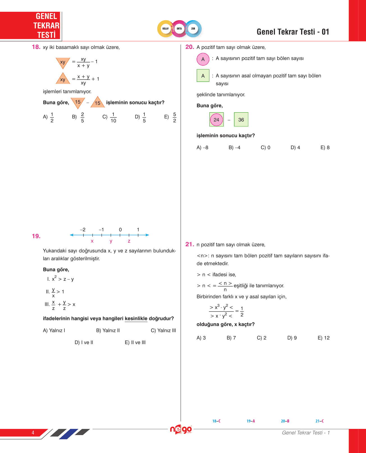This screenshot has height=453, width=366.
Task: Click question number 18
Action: [36, 47]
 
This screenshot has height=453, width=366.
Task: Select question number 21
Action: [190, 244]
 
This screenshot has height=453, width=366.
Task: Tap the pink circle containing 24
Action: [216, 120]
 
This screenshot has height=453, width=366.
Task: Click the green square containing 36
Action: [241, 120]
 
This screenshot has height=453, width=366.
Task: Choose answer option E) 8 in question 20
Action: [325, 148]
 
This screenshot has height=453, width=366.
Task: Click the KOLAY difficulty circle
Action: [165, 29]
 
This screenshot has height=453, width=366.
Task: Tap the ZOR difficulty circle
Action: [193, 29]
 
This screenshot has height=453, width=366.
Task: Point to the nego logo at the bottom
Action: [181, 429]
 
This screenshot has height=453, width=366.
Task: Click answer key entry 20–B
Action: [285, 421]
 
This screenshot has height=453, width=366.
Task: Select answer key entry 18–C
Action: [216, 421]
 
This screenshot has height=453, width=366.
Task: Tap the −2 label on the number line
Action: [83, 230]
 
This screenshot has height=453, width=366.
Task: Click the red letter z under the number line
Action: [129, 241]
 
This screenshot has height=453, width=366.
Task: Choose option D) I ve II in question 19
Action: [84, 342]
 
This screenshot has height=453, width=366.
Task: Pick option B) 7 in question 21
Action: [231, 338]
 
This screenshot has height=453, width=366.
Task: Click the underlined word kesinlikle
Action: [136, 319]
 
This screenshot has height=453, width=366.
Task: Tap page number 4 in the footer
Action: [33, 433]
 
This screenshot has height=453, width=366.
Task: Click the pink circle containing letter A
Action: [203, 59]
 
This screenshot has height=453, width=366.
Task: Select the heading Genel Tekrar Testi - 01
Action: [293, 32]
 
